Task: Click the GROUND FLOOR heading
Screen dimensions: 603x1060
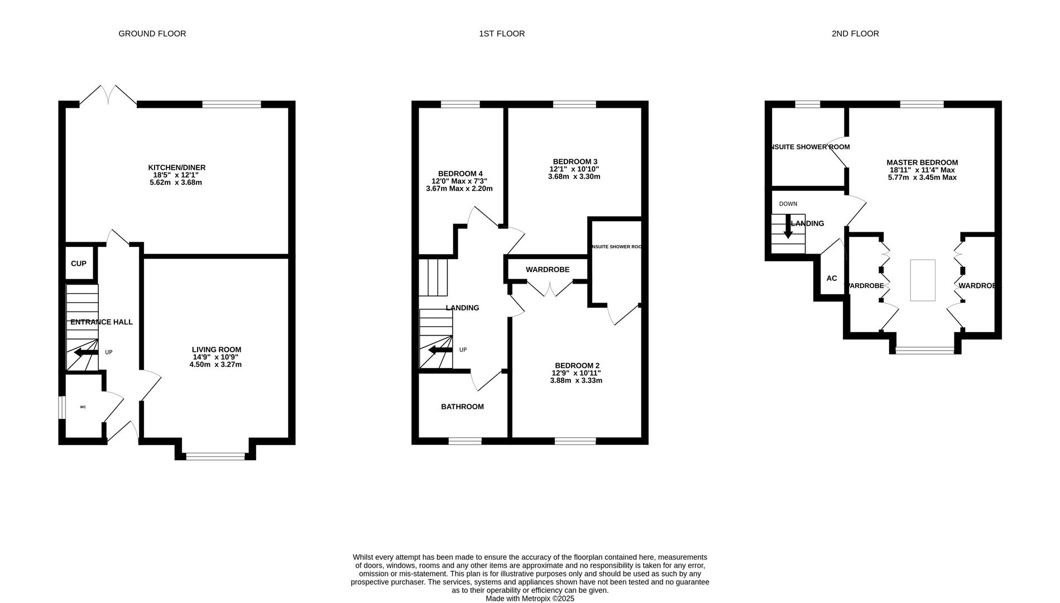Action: tap(152, 33)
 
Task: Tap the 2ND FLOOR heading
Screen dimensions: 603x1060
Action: tap(855, 33)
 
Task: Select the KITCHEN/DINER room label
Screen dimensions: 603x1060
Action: tap(176, 167)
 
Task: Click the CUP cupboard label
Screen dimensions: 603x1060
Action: tap(79, 264)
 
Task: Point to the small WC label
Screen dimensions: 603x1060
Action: tap(83, 407)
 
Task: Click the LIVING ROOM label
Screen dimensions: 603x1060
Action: tap(217, 350)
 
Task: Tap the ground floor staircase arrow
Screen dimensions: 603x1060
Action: tap(85, 352)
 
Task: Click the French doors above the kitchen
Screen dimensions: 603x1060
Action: tap(108, 96)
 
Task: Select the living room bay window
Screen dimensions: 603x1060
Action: tap(215, 457)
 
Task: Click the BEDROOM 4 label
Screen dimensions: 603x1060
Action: tap(460, 174)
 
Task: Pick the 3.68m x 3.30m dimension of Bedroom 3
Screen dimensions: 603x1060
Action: tap(574, 176)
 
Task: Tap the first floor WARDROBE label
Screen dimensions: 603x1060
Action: tap(547, 270)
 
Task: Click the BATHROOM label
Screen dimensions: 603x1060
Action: tap(462, 406)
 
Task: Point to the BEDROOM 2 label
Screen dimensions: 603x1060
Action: tap(577, 366)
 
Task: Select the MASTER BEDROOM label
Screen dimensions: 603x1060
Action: tap(922, 162)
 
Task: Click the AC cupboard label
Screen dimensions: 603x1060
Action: tap(831, 278)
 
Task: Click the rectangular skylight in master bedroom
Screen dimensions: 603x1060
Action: tap(922, 280)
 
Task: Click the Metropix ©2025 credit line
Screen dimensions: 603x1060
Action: tap(529, 599)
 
